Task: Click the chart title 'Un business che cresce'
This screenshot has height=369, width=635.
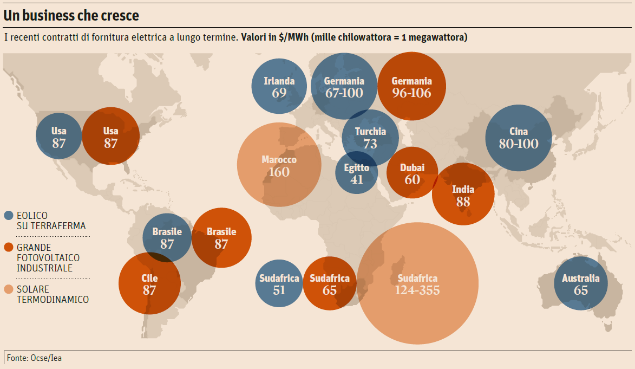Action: click(x=71, y=16)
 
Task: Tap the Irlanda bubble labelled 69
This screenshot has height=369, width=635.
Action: click(x=279, y=87)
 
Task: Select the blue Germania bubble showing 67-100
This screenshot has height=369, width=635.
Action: click(x=344, y=87)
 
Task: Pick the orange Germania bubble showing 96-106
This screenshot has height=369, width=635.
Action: click(x=412, y=87)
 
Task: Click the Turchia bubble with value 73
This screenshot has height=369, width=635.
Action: click(x=370, y=138)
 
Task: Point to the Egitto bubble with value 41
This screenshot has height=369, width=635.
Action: click(x=356, y=173)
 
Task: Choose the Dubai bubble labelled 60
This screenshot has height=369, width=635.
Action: click(x=412, y=173)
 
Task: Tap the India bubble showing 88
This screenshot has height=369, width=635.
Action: click(x=463, y=195)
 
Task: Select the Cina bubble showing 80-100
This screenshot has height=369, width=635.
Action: click(x=519, y=138)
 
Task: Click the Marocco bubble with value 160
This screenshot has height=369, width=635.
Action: click(x=279, y=166)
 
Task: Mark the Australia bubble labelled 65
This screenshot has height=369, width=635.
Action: click(x=581, y=284)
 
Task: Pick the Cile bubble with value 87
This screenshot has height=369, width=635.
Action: click(x=149, y=284)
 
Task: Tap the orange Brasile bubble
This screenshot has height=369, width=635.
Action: click(x=221, y=237)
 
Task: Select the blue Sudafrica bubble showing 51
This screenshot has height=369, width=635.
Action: click(x=279, y=284)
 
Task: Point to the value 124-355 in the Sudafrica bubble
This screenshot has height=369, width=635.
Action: click(x=417, y=290)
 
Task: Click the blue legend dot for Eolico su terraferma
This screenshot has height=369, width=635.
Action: click(x=8, y=216)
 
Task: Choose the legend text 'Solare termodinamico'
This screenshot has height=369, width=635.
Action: click(x=53, y=294)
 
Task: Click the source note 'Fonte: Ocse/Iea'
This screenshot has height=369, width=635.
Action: click(x=34, y=358)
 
